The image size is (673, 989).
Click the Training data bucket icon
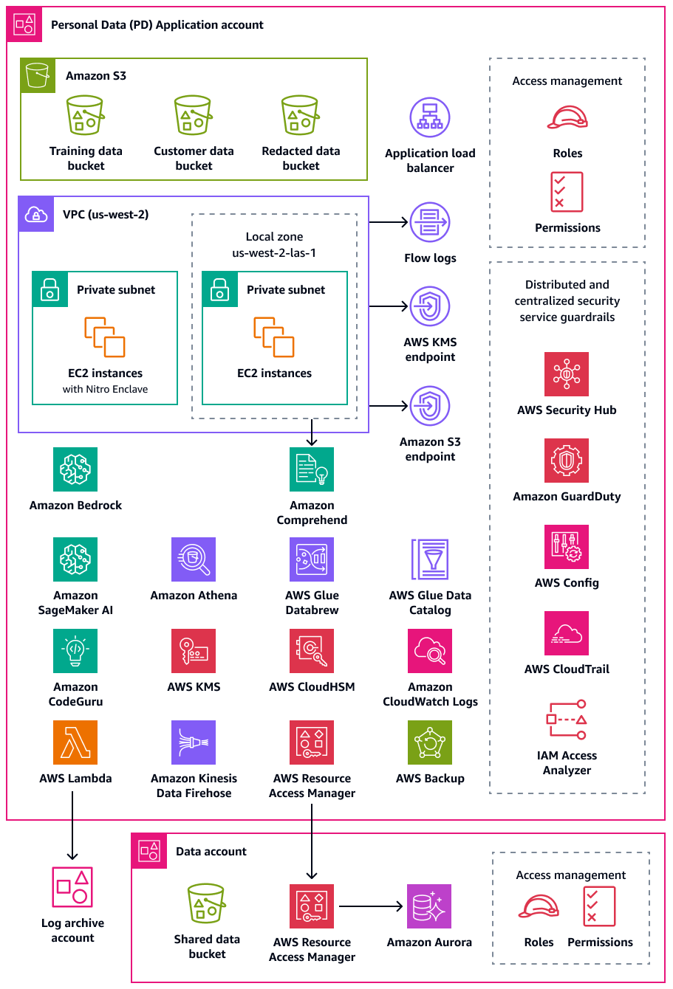pos(86,116)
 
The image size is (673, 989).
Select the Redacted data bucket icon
pos(301,116)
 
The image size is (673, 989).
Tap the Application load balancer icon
pos(430,118)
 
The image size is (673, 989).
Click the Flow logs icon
pos(430,222)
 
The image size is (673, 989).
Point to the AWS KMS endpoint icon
pos(430,306)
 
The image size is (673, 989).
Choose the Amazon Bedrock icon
pos(75,469)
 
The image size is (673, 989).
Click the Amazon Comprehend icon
pos(312,469)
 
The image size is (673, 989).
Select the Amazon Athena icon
pos(194,559)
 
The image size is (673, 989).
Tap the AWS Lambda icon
pos(75,742)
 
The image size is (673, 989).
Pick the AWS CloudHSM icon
pos(312,651)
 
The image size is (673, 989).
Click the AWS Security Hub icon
pos(567,374)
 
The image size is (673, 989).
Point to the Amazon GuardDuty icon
pos(567,461)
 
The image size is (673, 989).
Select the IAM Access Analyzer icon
pos(567,720)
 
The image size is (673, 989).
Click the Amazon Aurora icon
pos(429,906)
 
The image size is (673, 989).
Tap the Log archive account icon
pos(72,887)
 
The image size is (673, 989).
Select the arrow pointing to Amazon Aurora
pos(371,906)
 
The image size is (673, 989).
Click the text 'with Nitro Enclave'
pos(105,390)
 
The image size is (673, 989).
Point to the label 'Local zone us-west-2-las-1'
pos(274,244)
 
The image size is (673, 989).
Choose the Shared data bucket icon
pos(207,903)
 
